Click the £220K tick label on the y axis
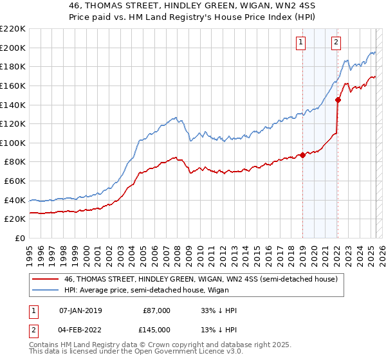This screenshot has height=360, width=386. [x=14, y=29]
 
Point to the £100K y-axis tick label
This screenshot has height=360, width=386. [x=14, y=143]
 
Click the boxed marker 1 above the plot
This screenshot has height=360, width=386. [x=300, y=43]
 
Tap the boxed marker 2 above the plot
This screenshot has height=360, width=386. [x=336, y=43]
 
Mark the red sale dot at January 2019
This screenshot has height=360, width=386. [x=302, y=155]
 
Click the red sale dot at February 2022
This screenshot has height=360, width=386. [x=338, y=100]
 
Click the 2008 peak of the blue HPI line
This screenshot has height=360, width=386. [x=174, y=117]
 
